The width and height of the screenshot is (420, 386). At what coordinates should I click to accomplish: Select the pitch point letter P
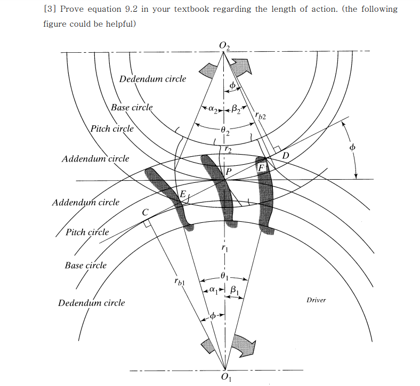228,172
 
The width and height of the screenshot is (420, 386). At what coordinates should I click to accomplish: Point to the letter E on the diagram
182,195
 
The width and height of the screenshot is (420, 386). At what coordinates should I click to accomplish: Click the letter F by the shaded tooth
261,168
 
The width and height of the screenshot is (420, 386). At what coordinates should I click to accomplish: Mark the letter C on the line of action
145,212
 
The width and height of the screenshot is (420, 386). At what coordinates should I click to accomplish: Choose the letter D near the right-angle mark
285,156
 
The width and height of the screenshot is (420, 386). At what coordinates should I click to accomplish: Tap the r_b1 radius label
179,281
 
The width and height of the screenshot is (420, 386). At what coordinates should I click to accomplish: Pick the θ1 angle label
224,277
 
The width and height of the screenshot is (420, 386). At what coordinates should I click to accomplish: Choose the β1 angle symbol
235,289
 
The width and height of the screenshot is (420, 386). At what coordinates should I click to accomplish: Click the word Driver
316,300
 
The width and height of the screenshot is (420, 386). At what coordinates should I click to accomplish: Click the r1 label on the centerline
224,248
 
